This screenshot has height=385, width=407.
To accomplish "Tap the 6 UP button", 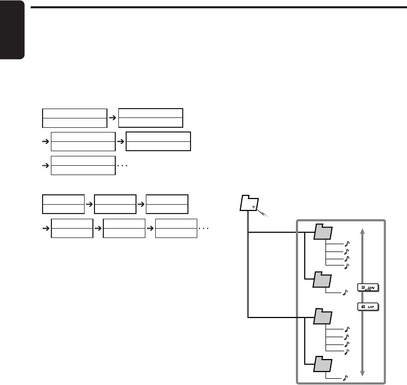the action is (368, 306).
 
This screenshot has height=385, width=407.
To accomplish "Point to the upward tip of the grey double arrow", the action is (362, 230).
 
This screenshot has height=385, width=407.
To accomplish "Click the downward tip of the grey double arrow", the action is (362, 373).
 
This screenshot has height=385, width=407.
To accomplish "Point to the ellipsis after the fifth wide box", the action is (123, 165).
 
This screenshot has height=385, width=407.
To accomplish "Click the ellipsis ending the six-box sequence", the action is (205, 228).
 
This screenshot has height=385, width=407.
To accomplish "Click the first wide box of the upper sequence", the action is (74, 118).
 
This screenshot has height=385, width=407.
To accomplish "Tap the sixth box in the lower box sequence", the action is (176, 228).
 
